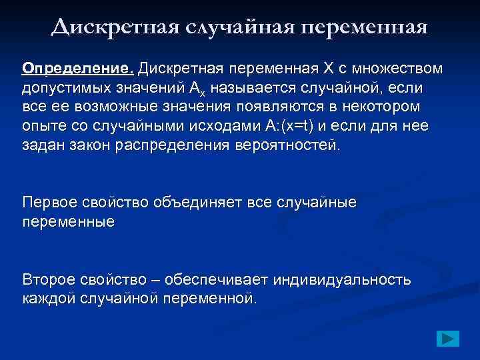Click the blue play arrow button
(449, 338)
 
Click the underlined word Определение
(78, 69)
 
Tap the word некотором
(393, 107)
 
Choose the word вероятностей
(287, 146)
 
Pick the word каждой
(49, 297)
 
